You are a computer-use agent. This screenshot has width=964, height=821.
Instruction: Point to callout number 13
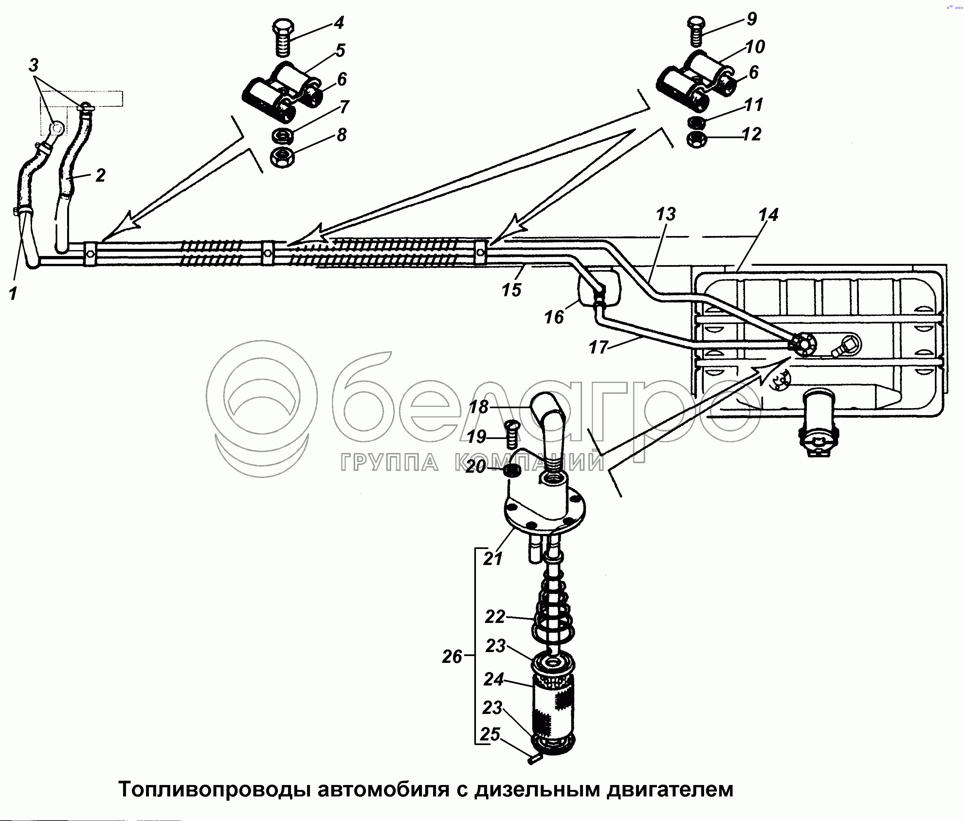[665, 214]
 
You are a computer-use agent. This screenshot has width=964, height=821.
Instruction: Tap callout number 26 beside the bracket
[452, 657]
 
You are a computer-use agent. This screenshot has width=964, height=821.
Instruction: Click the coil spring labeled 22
[552, 614]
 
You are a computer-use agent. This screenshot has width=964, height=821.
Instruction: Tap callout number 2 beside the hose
[100, 175]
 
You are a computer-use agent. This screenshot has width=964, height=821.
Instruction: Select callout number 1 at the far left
[13, 294]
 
